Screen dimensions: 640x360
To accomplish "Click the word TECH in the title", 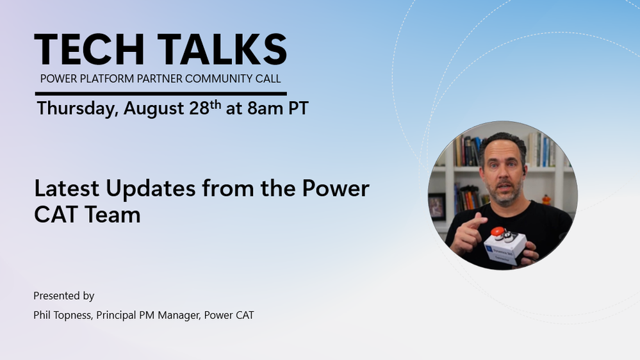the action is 89,49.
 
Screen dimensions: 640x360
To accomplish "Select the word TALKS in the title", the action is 222,49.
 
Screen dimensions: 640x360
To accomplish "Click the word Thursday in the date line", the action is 78,108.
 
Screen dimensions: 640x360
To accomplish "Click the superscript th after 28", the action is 215,105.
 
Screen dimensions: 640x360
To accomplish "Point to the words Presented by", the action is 63,296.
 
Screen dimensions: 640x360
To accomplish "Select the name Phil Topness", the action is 62,316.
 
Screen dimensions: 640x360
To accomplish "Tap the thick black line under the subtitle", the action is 161,94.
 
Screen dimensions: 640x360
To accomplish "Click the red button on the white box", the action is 496,231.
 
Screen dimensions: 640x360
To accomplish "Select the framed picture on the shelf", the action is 436,207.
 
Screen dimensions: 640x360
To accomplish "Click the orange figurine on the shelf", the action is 546,200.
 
